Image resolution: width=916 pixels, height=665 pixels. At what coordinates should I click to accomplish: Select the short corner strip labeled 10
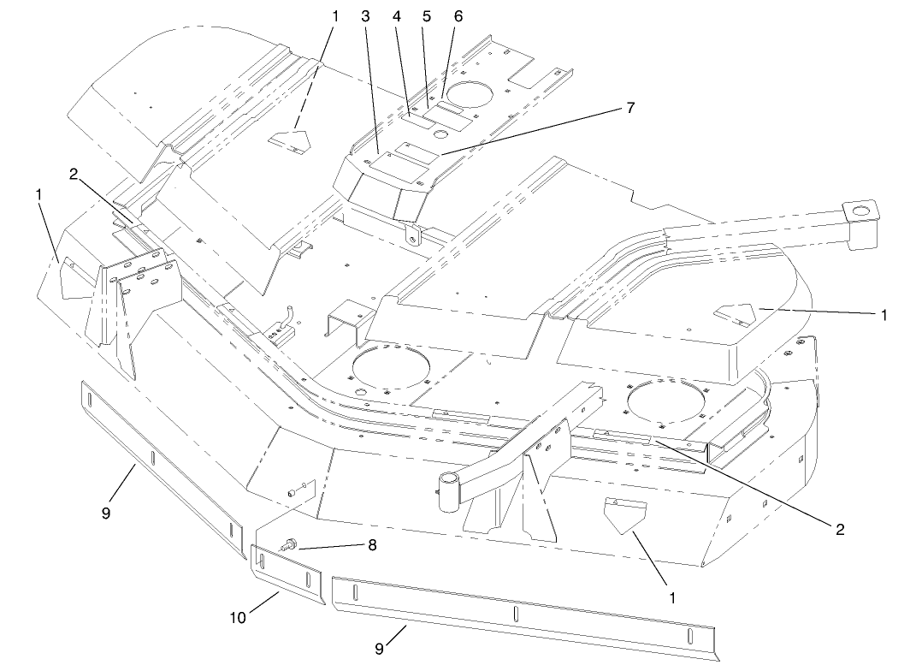tap(287, 574)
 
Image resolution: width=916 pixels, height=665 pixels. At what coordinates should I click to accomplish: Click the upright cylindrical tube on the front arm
tap(448, 493)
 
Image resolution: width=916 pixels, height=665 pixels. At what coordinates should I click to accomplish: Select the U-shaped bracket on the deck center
tap(346, 318)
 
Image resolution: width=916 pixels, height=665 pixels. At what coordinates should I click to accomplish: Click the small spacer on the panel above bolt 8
tap(294, 492)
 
